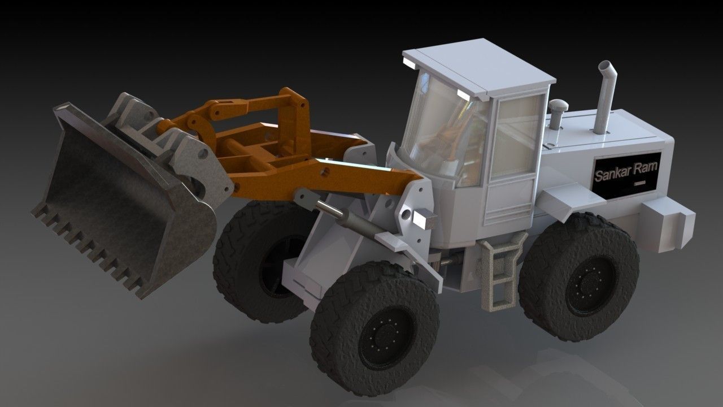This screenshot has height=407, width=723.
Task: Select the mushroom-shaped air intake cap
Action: (558, 106)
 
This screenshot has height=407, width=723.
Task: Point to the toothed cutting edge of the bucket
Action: (90, 249)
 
